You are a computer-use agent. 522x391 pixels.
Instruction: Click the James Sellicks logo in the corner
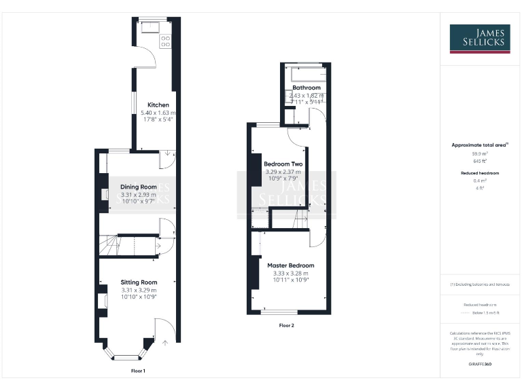[479, 39]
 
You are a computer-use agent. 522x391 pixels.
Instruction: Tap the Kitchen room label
[158, 105]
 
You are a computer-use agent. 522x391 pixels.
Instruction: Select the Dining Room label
[139, 187]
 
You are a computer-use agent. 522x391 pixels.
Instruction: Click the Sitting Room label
[139, 282]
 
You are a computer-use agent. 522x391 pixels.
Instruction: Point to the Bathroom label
[307, 88]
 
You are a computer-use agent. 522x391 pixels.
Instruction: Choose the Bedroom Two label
[283, 165]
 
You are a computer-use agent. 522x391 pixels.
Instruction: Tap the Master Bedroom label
[290, 265]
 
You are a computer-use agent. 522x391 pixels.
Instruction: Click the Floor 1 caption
[138, 371]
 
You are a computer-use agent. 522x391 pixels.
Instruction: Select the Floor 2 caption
[287, 326]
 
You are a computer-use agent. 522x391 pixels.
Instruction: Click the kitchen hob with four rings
[165, 41]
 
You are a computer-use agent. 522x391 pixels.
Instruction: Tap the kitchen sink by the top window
[147, 28]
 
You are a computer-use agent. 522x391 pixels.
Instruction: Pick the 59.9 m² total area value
[480, 154]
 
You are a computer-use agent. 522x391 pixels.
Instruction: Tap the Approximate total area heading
[480, 145]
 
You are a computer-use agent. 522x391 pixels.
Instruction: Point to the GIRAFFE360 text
[480, 365]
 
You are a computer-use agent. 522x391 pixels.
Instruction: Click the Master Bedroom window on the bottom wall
[279, 312]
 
